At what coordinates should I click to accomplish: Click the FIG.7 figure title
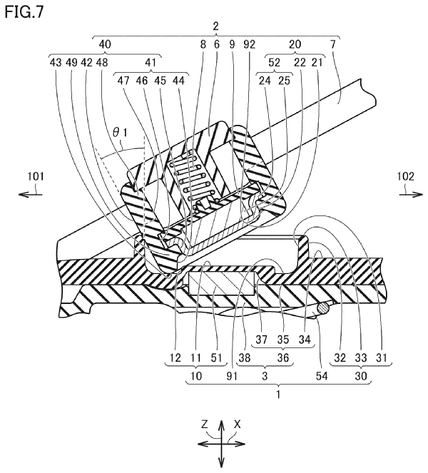[24, 12]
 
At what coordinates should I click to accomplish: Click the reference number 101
[36, 176]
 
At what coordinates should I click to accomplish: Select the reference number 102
[405, 176]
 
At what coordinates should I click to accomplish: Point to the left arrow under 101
[30, 195]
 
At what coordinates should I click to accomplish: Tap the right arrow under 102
[411, 195]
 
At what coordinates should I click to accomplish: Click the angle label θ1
[120, 133]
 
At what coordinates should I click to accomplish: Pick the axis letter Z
[204, 424]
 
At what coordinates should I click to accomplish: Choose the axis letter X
[238, 424]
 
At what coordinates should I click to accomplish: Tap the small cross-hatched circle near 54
[322, 308]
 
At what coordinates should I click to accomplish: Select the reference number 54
[322, 376]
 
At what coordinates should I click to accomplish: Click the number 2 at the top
[215, 26]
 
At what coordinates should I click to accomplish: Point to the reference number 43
[56, 63]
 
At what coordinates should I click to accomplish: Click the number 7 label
[332, 45]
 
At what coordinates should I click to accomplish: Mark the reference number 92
[250, 45]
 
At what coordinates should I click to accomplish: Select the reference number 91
[232, 376]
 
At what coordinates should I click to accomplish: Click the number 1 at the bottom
[278, 395]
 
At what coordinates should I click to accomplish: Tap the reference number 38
[245, 357]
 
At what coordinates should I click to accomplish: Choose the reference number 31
[382, 357]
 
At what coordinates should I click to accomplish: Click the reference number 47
[123, 81]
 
